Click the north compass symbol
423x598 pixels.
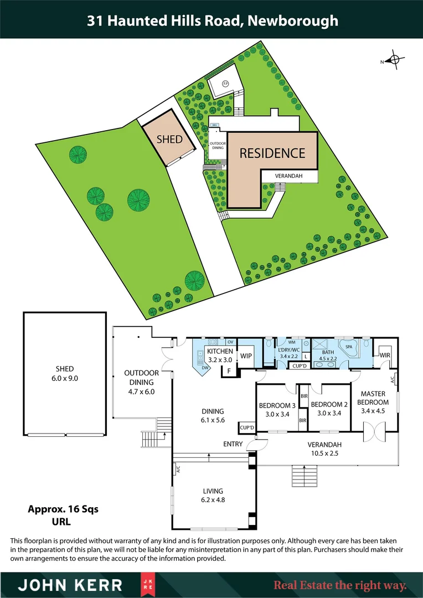pyautogui.click(x=395, y=61)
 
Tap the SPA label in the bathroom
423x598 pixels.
pyautogui.click(x=349, y=347)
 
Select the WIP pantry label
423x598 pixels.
pyautogui.click(x=246, y=357)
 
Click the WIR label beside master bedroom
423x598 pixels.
pyautogui.click(x=384, y=354)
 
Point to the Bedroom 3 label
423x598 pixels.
pyautogui.click(x=277, y=405)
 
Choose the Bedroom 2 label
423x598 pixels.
pyautogui.click(x=329, y=405)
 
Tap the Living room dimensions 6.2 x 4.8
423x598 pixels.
pyautogui.click(x=213, y=499)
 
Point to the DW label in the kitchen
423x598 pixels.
pyautogui.click(x=204, y=368)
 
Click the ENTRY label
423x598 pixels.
pyautogui.click(x=233, y=444)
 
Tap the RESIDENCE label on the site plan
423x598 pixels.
pyautogui.click(x=272, y=153)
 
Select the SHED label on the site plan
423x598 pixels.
pyautogui.click(x=169, y=139)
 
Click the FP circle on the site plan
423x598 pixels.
pyautogui.click(x=225, y=84)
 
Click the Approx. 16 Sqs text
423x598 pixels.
pyautogui.click(x=63, y=509)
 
